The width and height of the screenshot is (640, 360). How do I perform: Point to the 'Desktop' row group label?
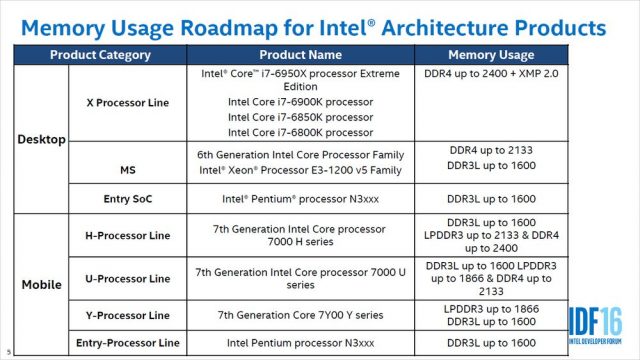[x=41, y=139]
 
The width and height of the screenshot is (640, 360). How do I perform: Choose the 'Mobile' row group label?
[x=41, y=284]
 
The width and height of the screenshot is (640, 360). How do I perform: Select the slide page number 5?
[x=7, y=352]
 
